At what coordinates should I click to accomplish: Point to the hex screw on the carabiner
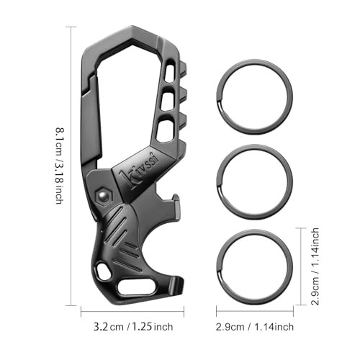pyautogui.click(x=100, y=195)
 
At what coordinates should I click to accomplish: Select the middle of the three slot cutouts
pyautogui.click(x=166, y=99)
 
